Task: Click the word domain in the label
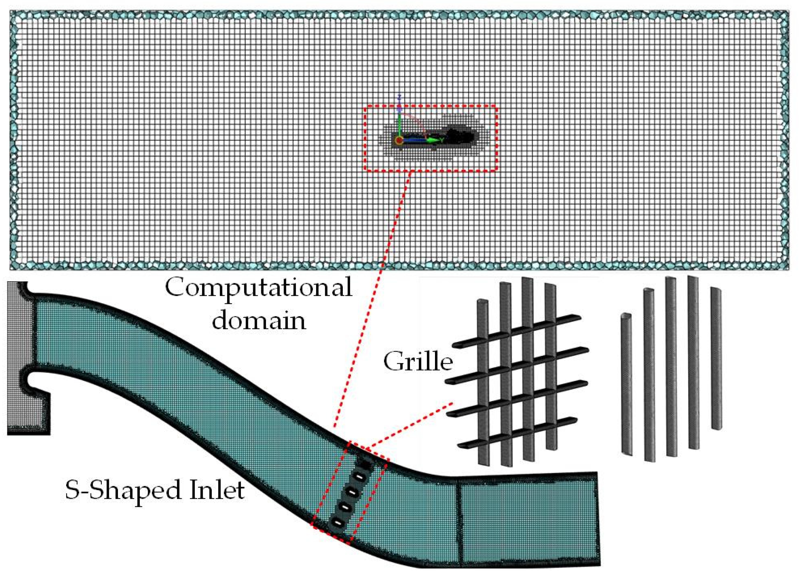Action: pyautogui.click(x=259, y=321)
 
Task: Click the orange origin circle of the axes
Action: pyautogui.click(x=399, y=141)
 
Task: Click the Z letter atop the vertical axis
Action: pyautogui.click(x=399, y=97)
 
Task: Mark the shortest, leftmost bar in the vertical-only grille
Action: pyautogui.click(x=626, y=387)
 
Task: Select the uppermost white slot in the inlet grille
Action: pyautogui.click(x=358, y=477)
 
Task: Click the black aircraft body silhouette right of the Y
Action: pyautogui.click(x=458, y=136)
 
